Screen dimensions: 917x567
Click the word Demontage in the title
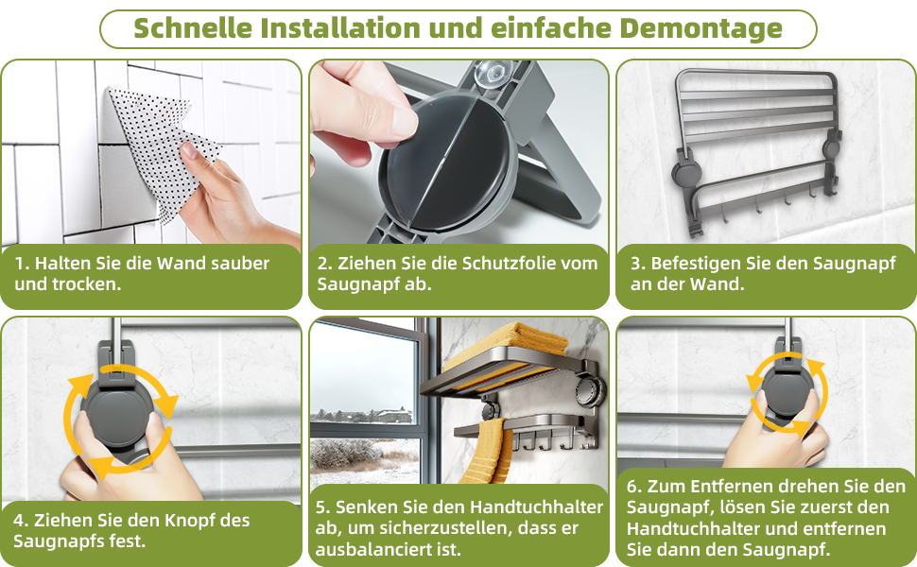[701, 28]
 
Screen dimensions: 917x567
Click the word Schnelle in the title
[193, 28]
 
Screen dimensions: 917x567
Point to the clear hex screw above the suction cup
[491, 73]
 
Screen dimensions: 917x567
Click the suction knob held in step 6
[787, 395]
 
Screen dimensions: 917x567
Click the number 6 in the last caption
[632, 487]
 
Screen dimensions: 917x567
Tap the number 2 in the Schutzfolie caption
[322, 263]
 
